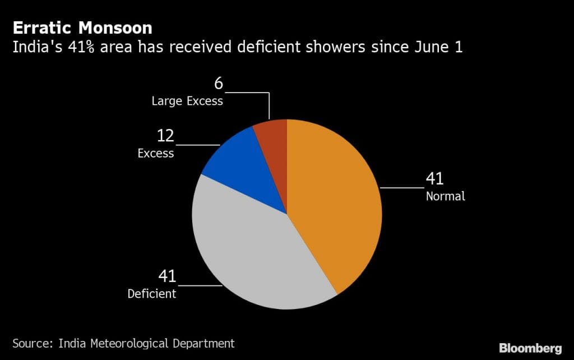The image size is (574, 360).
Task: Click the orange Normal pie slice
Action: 336,207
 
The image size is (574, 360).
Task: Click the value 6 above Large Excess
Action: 219,84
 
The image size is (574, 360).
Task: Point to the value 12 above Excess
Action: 165,136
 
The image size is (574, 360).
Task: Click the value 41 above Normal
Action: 434,179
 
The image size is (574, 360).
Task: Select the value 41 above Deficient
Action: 167,276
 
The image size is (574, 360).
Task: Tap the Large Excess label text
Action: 187,101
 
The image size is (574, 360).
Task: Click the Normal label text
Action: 446,197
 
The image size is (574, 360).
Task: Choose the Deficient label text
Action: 152,294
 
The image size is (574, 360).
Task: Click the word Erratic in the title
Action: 41,27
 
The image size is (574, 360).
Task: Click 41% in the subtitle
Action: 90,47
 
